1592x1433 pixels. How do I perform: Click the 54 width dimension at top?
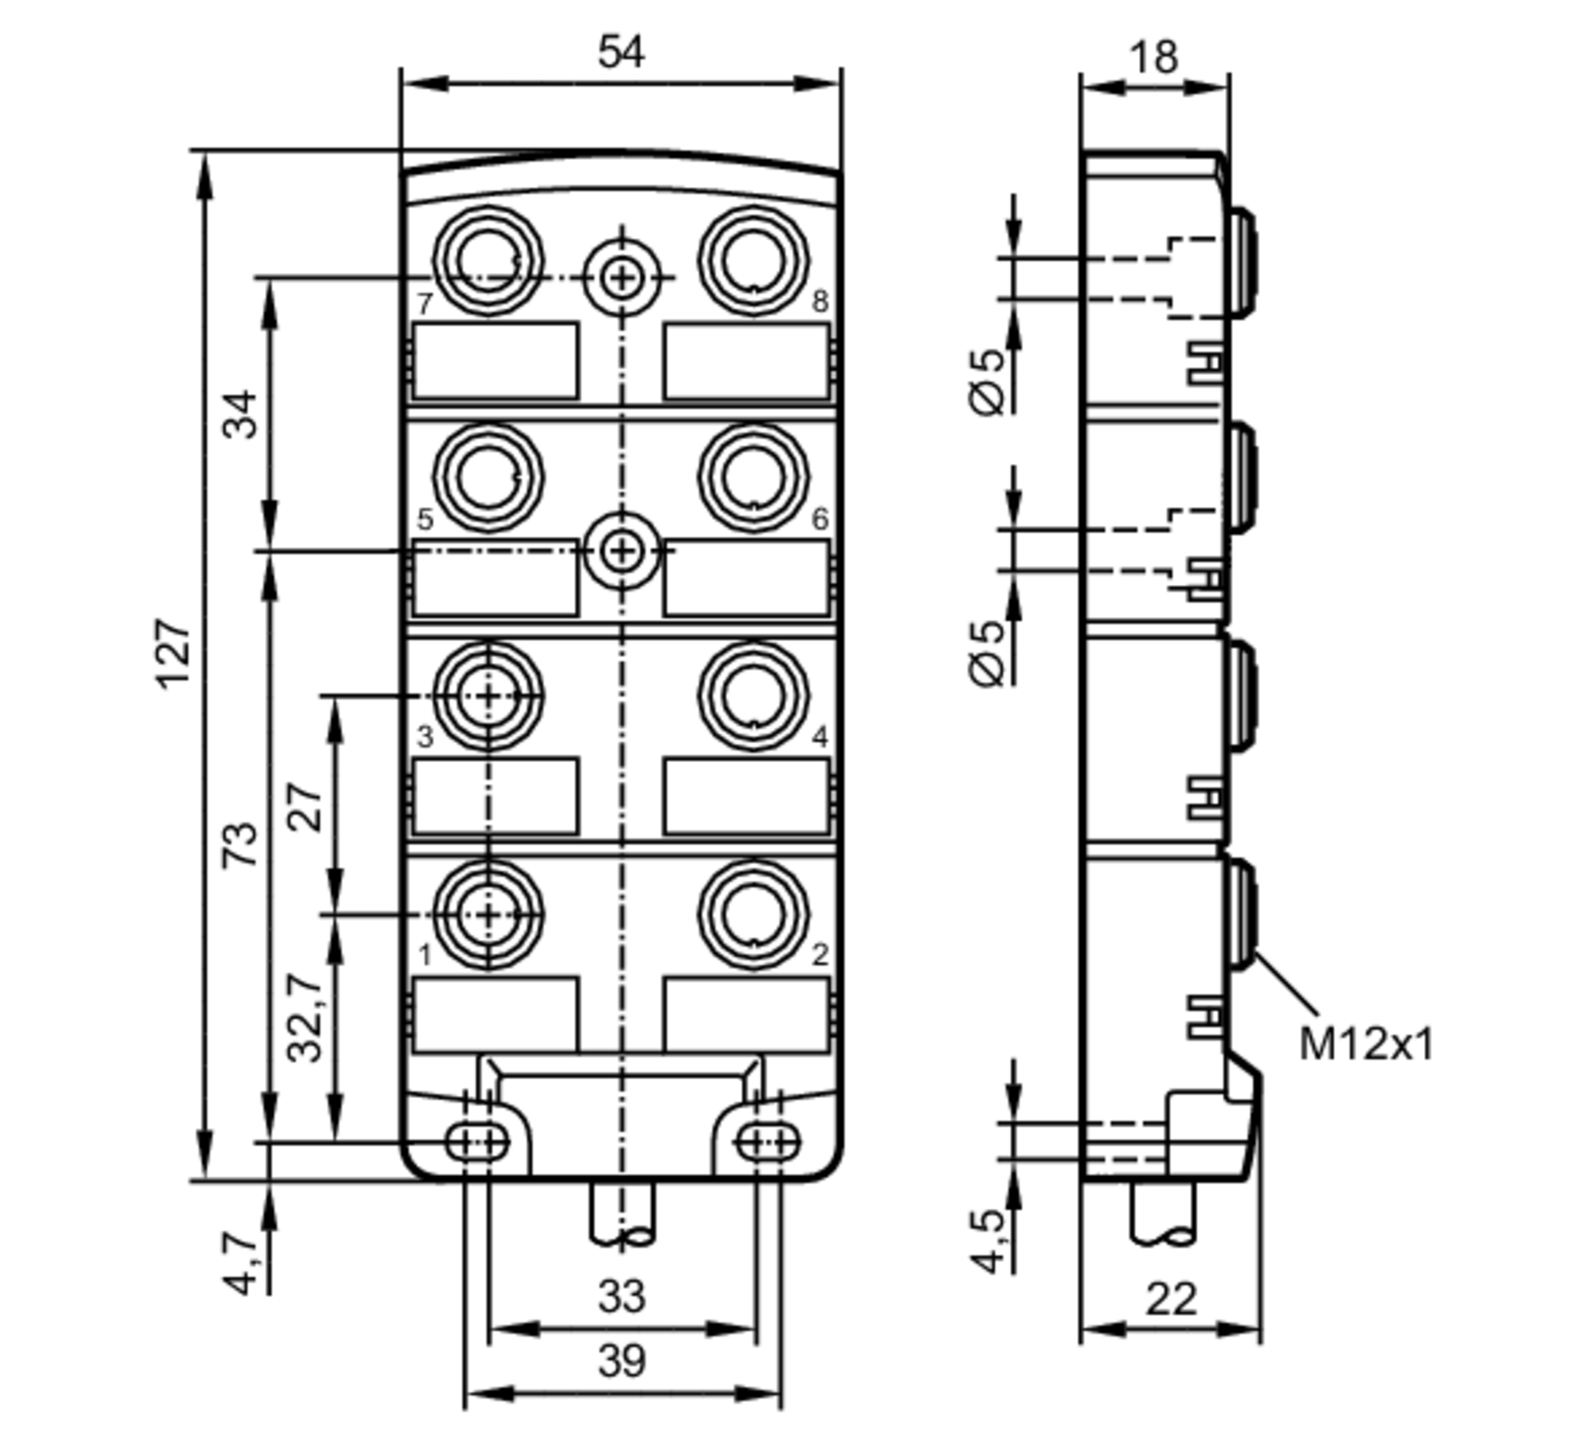coord(621,53)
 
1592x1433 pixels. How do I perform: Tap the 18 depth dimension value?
coord(1153,57)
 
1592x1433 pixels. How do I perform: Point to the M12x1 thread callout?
coord(1365,1045)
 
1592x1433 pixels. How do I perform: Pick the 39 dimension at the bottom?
coord(621,1361)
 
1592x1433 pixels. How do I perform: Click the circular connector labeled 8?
coord(753,261)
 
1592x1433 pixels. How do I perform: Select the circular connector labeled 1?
coord(489,915)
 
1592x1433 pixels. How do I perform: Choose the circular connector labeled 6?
coord(753,477)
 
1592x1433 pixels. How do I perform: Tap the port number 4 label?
coord(820,737)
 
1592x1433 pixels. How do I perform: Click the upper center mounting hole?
coord(622,278)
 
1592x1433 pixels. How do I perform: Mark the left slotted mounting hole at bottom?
coord(476,1143)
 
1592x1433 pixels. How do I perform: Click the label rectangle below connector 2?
coord(747,1014)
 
